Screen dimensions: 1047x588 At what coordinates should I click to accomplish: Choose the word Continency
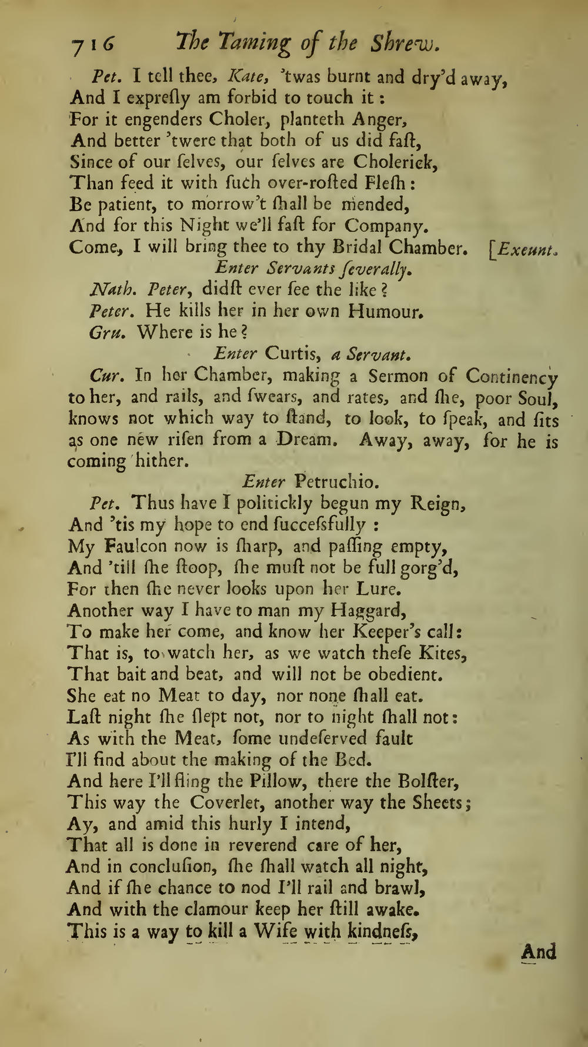click(512, 377)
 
